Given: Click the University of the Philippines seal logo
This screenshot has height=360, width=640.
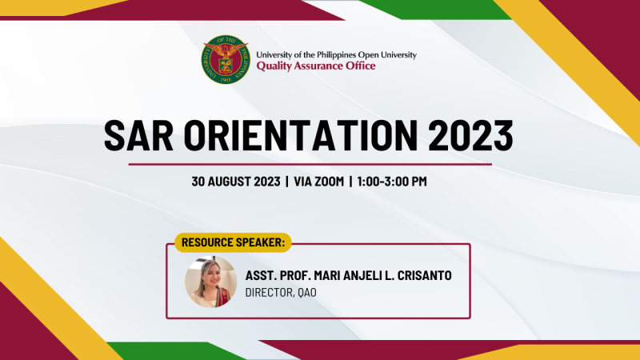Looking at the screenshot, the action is (226, 59).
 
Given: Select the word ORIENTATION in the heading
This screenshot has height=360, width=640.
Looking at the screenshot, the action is (301, 136).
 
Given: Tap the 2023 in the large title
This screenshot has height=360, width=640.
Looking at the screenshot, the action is (470, 136).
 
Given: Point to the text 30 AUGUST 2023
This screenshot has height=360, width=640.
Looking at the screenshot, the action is (236, 182).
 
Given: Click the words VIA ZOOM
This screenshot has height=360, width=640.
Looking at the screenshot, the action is (318, 182).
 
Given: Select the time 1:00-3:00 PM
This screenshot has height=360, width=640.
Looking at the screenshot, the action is (392, 182).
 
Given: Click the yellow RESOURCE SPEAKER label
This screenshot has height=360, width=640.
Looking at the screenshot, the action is (233, 242).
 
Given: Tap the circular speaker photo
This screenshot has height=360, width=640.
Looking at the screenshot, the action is (211, 282).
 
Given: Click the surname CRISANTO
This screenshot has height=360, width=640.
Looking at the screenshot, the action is (425, 275).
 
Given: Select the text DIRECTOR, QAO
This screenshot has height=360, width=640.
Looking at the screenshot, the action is (281, 293).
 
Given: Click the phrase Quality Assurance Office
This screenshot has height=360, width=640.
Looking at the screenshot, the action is (316, 66).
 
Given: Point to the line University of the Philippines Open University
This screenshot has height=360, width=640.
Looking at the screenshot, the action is (336, 54).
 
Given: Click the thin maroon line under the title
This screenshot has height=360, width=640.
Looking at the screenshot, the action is (310, 165).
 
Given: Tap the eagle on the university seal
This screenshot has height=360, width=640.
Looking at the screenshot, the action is (226, 51).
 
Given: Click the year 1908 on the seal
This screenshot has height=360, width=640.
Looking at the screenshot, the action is (226, 79).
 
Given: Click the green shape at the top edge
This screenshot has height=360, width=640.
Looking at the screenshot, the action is (435, 10).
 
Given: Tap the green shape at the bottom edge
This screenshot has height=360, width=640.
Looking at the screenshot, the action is (176, 351).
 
